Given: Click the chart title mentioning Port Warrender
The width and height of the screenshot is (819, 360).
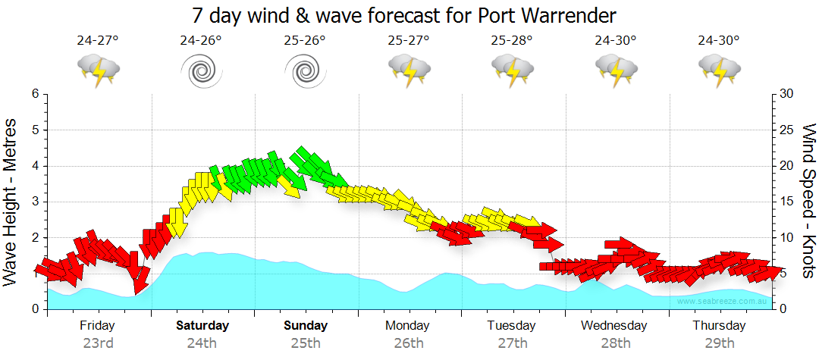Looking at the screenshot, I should tap(404, 15).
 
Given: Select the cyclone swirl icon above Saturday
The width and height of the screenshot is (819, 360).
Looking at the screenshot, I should tap(201, 72).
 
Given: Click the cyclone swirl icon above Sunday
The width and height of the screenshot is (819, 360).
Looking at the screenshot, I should tap(305, 72).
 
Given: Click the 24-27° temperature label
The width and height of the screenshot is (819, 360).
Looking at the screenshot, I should tap(98, 41).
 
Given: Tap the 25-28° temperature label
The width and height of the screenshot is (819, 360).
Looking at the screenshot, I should tap(512, 41).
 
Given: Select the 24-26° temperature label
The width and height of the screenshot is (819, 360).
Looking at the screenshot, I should tap(201, 41).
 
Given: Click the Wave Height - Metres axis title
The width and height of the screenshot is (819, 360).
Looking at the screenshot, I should tap(11, 202).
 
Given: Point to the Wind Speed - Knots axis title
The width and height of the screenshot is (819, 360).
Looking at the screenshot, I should tap(808, 202).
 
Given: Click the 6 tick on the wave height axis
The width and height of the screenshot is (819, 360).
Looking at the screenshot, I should tap(35, 94).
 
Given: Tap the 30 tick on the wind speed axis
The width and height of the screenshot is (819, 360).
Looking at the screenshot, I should tap(787, 94).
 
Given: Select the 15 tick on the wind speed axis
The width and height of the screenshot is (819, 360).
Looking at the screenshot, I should tap(787, 202).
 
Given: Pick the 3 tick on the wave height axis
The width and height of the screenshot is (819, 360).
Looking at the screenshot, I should tap(35, 202).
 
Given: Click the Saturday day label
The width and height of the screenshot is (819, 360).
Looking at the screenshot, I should tap(202, 326).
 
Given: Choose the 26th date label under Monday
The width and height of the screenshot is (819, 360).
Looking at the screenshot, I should tap(409, 343).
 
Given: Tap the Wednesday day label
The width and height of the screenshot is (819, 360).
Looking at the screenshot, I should tap(614, 326).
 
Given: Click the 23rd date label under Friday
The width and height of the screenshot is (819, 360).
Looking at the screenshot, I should tap(98, 343).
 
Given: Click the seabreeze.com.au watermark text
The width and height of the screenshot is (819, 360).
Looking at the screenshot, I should tap(723, 301).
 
